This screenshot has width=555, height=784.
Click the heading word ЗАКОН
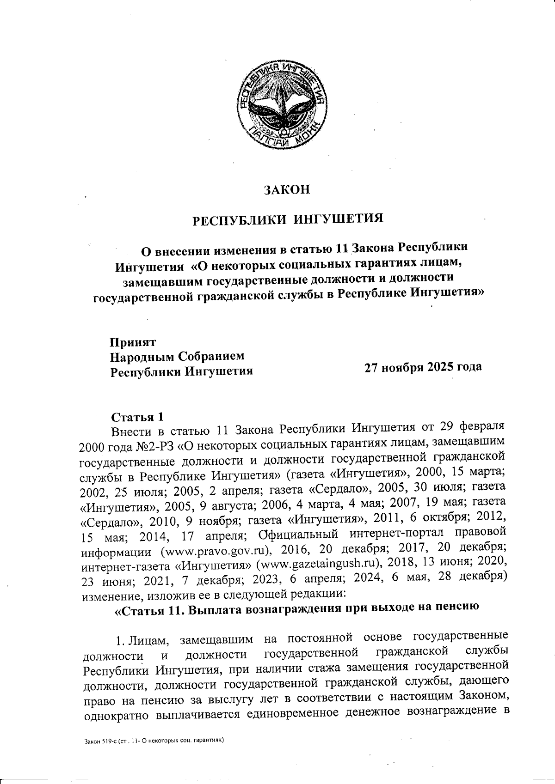pos(286,189)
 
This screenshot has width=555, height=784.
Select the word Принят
pos(133,342)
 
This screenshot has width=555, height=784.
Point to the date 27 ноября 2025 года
pos(423,367)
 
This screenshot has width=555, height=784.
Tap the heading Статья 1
pos(137,417)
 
